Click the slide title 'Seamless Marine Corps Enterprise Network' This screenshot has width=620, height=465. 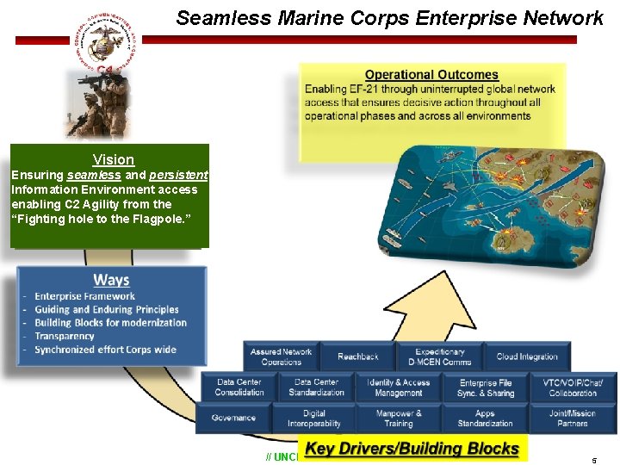point(389,18)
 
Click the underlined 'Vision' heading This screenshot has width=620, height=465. point(114,159)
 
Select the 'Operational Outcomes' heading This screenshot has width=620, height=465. point(431,75)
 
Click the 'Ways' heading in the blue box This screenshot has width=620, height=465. point(111,280)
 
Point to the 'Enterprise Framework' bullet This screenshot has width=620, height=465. point(84,296)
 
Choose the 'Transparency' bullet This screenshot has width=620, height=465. point(65,336)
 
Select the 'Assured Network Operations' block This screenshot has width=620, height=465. point(282,356)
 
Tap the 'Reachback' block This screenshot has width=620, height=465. point(357,356)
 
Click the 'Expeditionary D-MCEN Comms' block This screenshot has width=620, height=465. point(439,356)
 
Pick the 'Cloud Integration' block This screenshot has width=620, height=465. point(527,356)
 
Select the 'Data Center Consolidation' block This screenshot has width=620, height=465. point(239,387)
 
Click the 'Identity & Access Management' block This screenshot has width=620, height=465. point(398,387)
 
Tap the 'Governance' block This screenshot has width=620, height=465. point(233,418)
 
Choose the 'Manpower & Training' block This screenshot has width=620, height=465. point(398,418)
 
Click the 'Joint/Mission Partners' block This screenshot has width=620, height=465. point(573,418)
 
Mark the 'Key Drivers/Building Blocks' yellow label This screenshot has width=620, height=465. point(412,449)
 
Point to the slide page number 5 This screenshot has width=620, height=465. point(593,460)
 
